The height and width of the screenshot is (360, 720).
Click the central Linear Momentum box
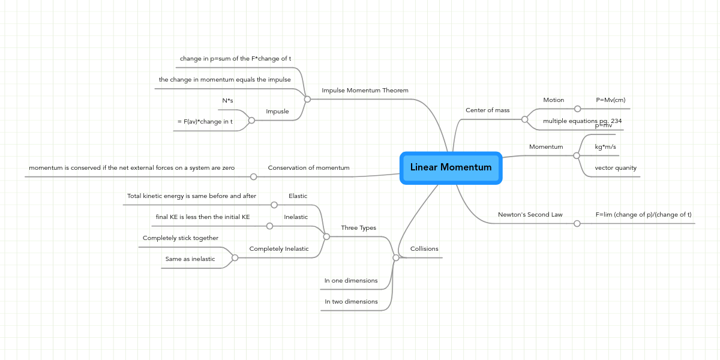(x=451, y=167)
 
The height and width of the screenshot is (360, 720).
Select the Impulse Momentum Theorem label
(x=365, y=91)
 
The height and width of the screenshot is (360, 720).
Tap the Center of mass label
(x=487, y=110)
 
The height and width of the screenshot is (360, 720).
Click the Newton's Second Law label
(x=530, y=214)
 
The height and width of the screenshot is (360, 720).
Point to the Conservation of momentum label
(x=308, y=168)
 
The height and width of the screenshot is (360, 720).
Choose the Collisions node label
(x=424, y=249)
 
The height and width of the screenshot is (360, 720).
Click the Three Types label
(x=358, y=228)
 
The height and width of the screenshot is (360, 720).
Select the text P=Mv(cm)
(x=611, y=100)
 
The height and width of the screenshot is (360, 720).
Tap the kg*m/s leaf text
(x=605, y=147)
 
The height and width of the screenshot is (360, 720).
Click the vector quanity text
(x=615, y=168)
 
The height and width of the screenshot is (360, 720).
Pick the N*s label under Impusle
(x=227, y=101)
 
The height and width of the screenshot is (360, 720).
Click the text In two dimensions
(x=351, y=302)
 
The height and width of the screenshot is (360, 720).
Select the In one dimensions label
(x=351, y=281)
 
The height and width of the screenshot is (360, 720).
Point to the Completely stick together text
(x=180, y=238)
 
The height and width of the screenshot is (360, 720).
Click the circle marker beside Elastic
(x=274, y=205)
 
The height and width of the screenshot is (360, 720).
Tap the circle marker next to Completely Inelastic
(x=235, y=257)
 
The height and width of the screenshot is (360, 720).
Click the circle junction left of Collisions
(x=395, y=257)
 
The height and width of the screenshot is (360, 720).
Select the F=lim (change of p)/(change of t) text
(x=643, y=214)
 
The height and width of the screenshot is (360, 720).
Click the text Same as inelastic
(x=190, y=259)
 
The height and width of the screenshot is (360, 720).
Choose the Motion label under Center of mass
(x=553, y=100)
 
